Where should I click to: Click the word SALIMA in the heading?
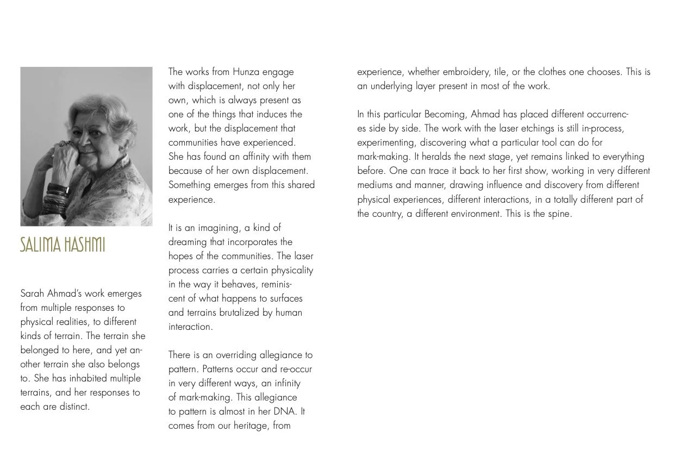[40, 245]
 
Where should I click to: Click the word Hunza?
[246, 72]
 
